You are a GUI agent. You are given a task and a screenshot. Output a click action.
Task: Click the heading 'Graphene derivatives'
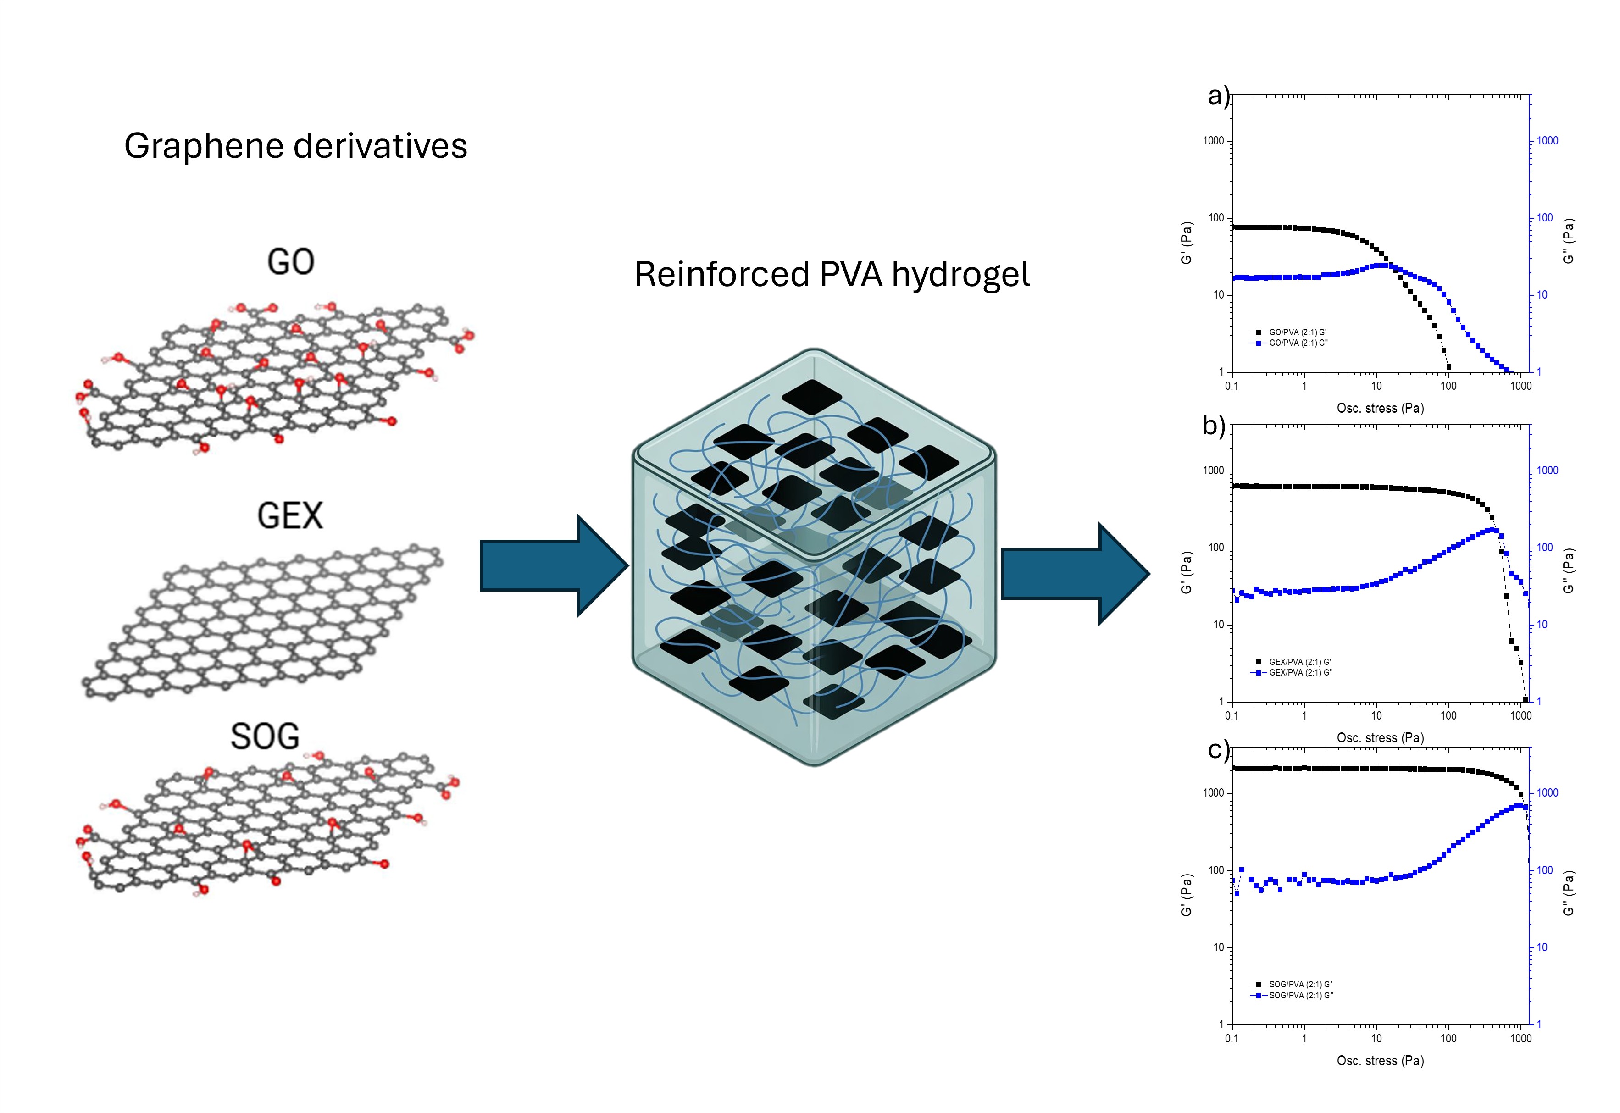point(296,146)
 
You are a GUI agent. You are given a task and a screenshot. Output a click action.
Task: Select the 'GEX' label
point(290,516)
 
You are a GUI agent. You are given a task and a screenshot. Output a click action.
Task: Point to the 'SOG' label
point(265,736)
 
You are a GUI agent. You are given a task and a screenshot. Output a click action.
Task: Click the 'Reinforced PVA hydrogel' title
point(832,274)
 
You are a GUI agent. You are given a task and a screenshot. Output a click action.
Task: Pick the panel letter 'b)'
point(1214,426)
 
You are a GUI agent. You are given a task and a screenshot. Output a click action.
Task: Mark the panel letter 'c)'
point(1218,750)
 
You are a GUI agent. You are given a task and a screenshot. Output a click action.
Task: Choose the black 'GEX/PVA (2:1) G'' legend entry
point(1299,662)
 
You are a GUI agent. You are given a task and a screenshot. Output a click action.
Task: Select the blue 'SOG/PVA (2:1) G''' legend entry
point(1301,995)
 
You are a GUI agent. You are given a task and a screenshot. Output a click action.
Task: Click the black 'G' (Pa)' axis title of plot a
point(1186,243)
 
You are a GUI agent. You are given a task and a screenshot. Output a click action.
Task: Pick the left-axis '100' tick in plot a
point(1216,217)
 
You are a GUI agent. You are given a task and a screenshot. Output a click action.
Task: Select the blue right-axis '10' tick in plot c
point(1542,947)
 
